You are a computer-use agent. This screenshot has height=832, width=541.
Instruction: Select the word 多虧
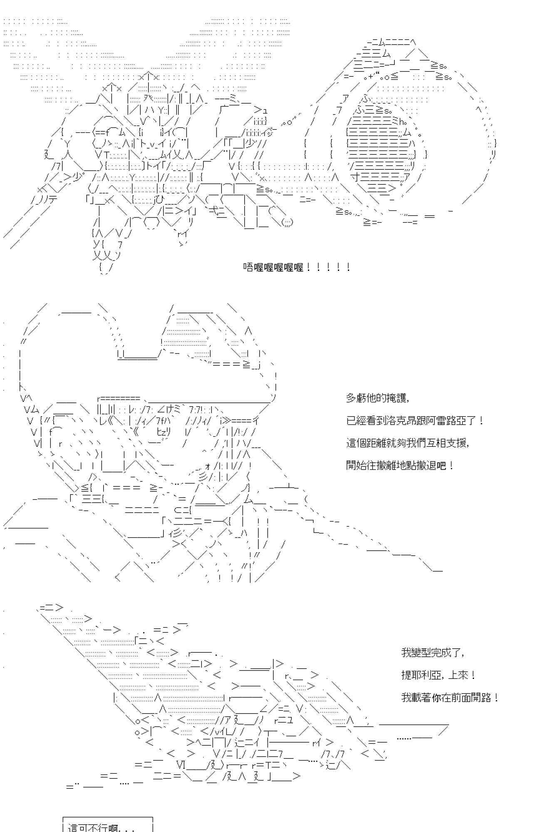point(357,398)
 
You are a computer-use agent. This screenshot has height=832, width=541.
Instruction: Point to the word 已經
point(357,421)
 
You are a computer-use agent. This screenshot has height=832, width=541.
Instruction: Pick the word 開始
point(357,466)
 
